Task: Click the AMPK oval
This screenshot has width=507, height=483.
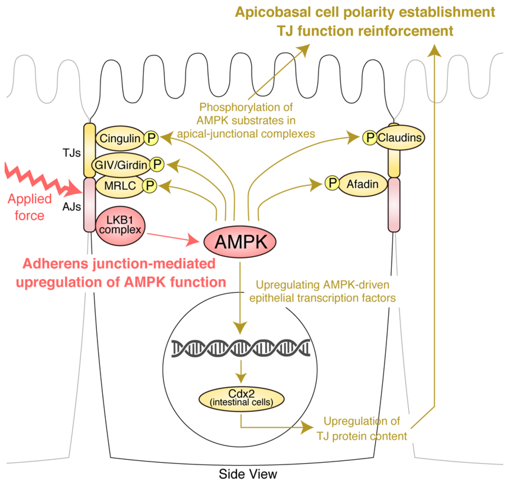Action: (x=240, y=242)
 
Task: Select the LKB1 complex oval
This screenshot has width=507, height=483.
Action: (x=120, y=226)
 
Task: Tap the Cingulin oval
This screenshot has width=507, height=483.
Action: (x=120, y=138)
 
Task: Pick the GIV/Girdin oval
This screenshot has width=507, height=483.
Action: (x=121, y=165)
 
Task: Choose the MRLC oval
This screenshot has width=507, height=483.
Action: (x=120, y=186)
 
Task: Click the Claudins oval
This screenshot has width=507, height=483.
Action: (x=400, y=138)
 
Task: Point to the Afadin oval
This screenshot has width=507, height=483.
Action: (x=363, y=184)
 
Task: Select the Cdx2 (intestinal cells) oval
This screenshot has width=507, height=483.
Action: (x=242, y=399)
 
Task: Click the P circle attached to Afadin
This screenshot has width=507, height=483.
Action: (x=332, y=183)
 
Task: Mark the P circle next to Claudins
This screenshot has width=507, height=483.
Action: (x=370, y=138)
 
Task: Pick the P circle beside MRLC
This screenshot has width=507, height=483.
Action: (x=150, y=185)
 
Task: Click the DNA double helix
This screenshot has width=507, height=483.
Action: (x=241, y=348)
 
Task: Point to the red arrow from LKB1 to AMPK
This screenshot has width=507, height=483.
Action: (x=173, y=238)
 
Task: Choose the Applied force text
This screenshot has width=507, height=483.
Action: (x=30, y=207)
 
